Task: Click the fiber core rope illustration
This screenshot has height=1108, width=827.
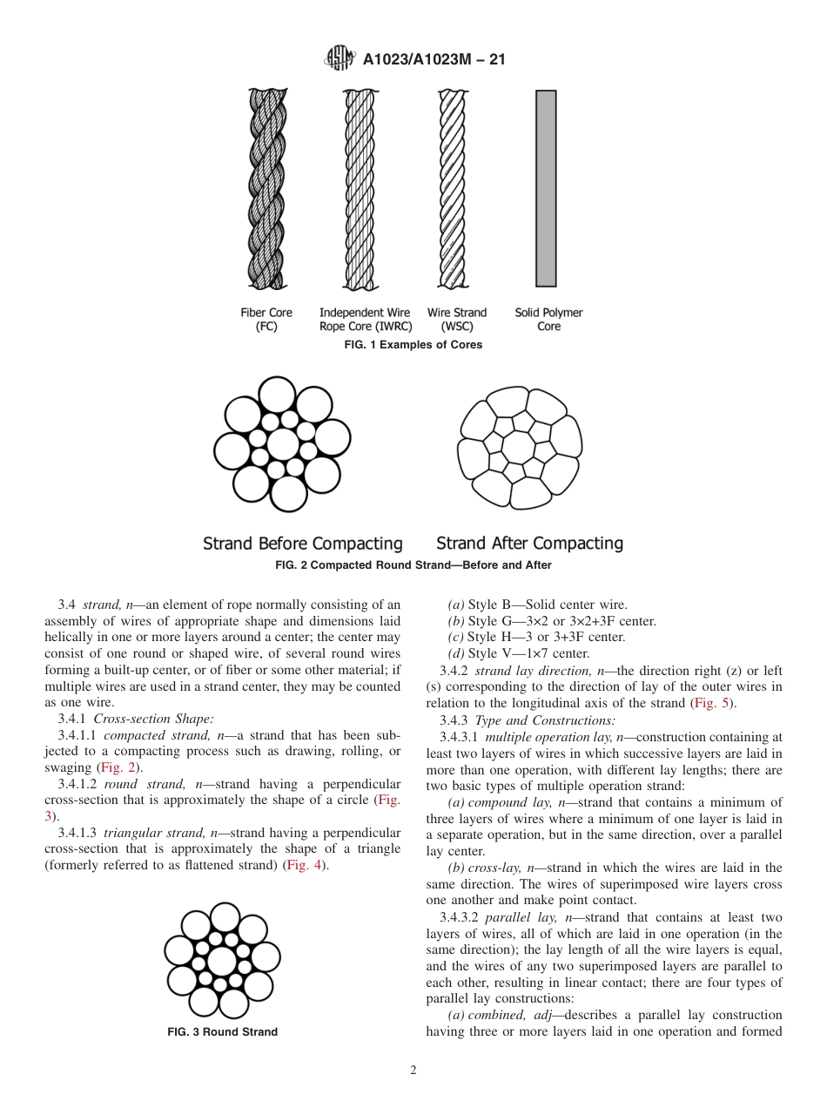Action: click(x=266, y=188)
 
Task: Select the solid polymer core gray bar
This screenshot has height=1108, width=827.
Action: click(x=546, y=188)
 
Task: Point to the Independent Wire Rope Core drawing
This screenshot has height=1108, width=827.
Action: click(x=360, y=188)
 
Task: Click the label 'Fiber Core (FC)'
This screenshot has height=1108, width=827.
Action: click(x=266, y=320)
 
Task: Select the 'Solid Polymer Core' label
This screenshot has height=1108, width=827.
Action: click(x=548, y=320)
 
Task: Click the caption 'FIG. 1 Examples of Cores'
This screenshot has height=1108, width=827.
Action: click(x=413, y=345)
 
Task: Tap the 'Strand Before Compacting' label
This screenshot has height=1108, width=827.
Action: click(x=303, y=544)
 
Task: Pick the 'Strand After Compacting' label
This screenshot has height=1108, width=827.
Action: click(x=529, y=544)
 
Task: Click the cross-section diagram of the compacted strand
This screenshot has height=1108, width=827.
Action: click(x=520, y=445)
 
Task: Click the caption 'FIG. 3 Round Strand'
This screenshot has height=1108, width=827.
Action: click(x=222, y=1032)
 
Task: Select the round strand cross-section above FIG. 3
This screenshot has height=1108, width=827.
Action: click(x=222, y=961)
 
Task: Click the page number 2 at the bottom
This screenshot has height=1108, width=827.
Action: click(x=413, y=1071)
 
